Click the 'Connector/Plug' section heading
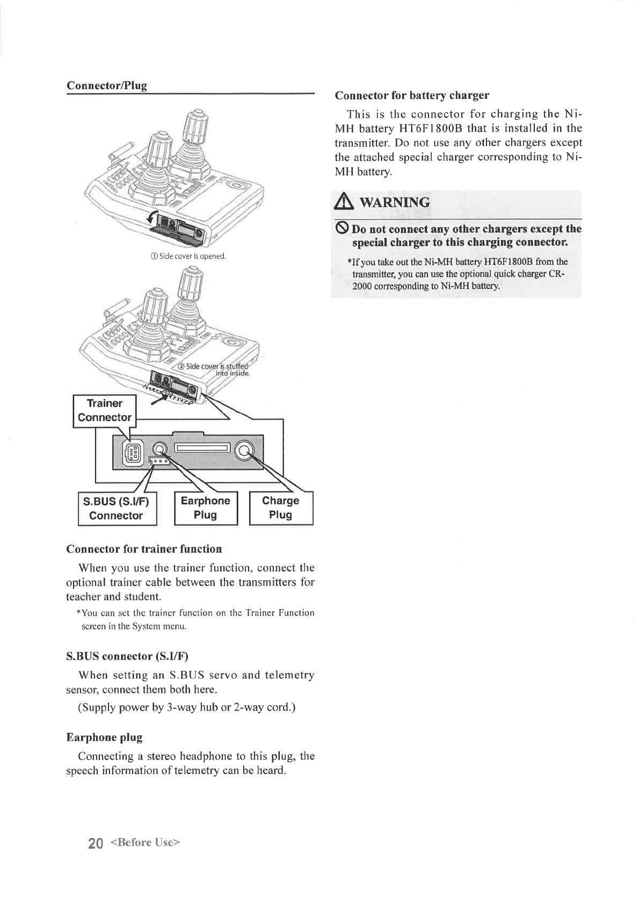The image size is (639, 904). [x=106, y=85]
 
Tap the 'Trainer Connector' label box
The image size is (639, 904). [x=105, y=410]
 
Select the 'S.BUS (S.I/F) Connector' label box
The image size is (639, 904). [x=117, y=508]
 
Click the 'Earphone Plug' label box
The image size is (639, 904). [x=206, y=508]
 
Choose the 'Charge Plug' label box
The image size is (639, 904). [x=281, y=508]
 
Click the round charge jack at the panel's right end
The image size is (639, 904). [x=244, y=449]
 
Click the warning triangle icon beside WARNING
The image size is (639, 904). [x=341, y=203]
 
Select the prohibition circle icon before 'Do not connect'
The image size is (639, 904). [x=342, y=229]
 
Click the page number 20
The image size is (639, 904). [x=95, y=843]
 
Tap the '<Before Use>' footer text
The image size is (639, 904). [x=144, y=842]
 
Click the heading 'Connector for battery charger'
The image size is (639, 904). [x=411, y=96]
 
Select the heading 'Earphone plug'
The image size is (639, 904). [x=104, y=737]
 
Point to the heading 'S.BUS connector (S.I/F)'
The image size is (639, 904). [x=127, y=656]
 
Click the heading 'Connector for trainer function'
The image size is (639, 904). [x=143, y=548]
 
